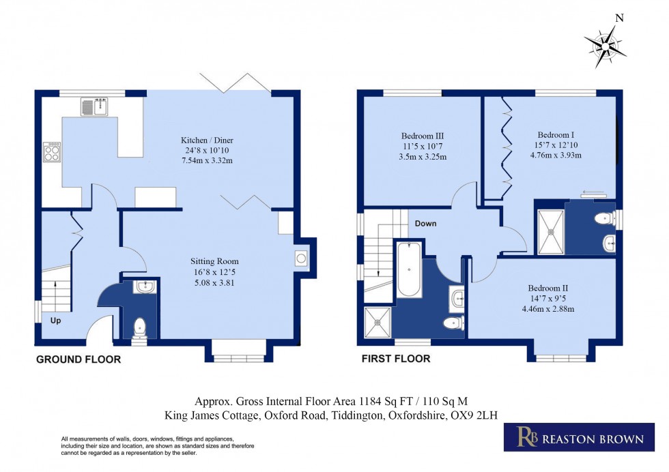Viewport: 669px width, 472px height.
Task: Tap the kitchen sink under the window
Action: tap(94, 106)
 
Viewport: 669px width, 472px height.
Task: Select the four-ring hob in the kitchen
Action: tap(52, 151)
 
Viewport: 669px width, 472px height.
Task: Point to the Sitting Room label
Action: tap(215, 261)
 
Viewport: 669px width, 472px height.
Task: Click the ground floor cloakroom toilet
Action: tap(140, 327)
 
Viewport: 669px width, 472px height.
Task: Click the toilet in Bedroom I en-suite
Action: tap(603, 219)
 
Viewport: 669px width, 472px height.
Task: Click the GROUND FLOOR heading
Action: tap(78, 359)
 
